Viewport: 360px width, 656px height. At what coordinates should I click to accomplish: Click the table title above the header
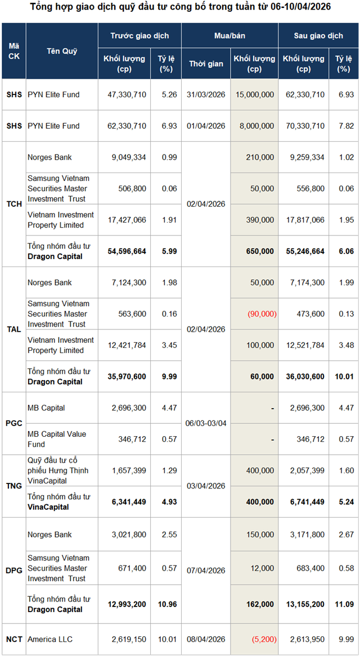(x=180, y=7)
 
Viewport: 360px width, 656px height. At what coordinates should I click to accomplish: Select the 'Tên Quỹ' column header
(x=62, y=51)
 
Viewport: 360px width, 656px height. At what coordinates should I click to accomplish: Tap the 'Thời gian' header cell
(x=206, y=64)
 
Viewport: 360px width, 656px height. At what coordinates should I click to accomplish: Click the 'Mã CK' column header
(x=13, y=51)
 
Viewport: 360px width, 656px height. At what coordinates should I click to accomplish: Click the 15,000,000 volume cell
(x=255, y=94)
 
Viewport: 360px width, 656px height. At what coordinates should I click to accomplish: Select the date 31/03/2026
(x=206, y=94)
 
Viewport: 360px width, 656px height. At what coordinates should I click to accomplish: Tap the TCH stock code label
(x=13, y=204)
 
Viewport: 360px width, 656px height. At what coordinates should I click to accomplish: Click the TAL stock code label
(x=13, y=329)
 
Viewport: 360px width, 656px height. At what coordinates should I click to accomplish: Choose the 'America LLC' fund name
(x=50, y=639)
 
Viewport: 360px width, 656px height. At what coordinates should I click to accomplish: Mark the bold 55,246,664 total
(x=303, y=251)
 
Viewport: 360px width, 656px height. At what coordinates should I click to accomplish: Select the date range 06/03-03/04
(x=206, y=424)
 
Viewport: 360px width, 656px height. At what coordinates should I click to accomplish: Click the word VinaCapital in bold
(x=48, y=506)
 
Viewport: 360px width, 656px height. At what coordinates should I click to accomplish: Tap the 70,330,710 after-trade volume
(x=303, y=126)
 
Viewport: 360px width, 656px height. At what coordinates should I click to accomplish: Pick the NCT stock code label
(x=13, y=639)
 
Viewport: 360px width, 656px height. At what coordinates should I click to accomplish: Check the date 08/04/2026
(x=206, y=639)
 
